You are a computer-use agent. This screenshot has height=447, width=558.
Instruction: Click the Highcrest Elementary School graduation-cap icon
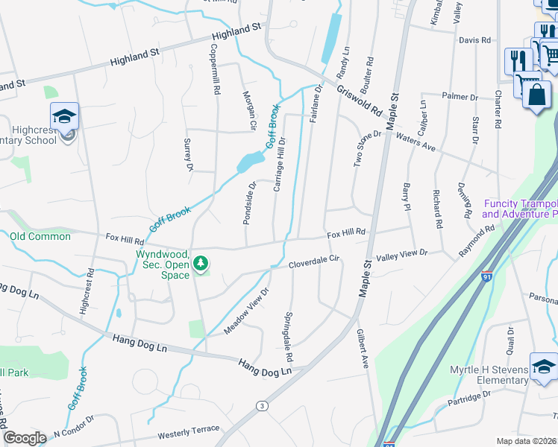(65, 116)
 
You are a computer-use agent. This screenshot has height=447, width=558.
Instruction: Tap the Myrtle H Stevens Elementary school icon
(544, 367)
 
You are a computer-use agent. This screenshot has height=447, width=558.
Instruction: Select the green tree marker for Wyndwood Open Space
(201, 263)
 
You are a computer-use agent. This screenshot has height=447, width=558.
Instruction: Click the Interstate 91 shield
(486, 276)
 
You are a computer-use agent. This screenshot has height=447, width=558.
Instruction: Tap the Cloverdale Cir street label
(314, 261)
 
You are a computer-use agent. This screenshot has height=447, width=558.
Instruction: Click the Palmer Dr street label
(460, 97)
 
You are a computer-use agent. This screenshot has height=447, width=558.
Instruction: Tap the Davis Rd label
(474, 40)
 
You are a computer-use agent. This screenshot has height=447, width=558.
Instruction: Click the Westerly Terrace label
(189, 431)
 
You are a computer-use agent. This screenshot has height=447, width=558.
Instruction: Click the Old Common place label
(40, 236)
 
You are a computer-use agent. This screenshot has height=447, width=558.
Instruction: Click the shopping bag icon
(536, 95)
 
